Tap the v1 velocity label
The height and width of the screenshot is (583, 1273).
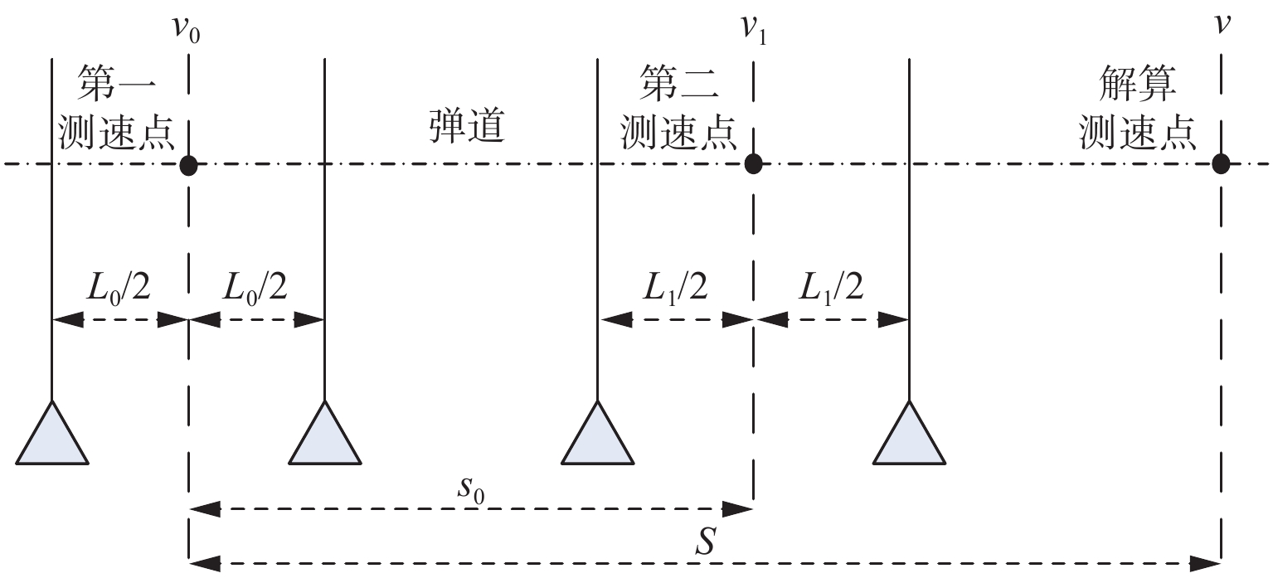(x=752, y=32)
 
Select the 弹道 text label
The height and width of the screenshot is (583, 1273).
(x=467, y=128)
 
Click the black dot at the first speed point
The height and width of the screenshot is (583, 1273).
(x=189, y=164)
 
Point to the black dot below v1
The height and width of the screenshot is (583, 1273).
(x=753, y=164)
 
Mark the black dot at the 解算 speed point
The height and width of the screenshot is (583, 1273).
(x=1220, y=164)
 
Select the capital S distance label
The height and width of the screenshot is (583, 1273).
(x=706, y=543)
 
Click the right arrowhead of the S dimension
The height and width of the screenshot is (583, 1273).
(x=1206, y=564)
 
